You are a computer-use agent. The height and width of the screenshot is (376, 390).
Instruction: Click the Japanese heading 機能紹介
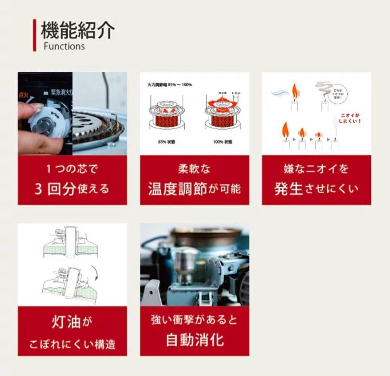[78, 30]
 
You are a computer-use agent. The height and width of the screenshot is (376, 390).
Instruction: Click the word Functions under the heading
[64, 46]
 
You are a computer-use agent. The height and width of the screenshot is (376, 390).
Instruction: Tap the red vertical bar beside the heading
[35, 35]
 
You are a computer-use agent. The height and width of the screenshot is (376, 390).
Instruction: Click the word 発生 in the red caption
[288, 189]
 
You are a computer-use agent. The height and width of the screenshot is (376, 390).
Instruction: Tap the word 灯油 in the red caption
[66, 321]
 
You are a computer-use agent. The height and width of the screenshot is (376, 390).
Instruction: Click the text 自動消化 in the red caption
[195, 340]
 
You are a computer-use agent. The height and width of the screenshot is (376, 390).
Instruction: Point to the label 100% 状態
[222, 142]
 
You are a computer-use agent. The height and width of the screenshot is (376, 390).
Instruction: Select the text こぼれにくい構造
[72, 344]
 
